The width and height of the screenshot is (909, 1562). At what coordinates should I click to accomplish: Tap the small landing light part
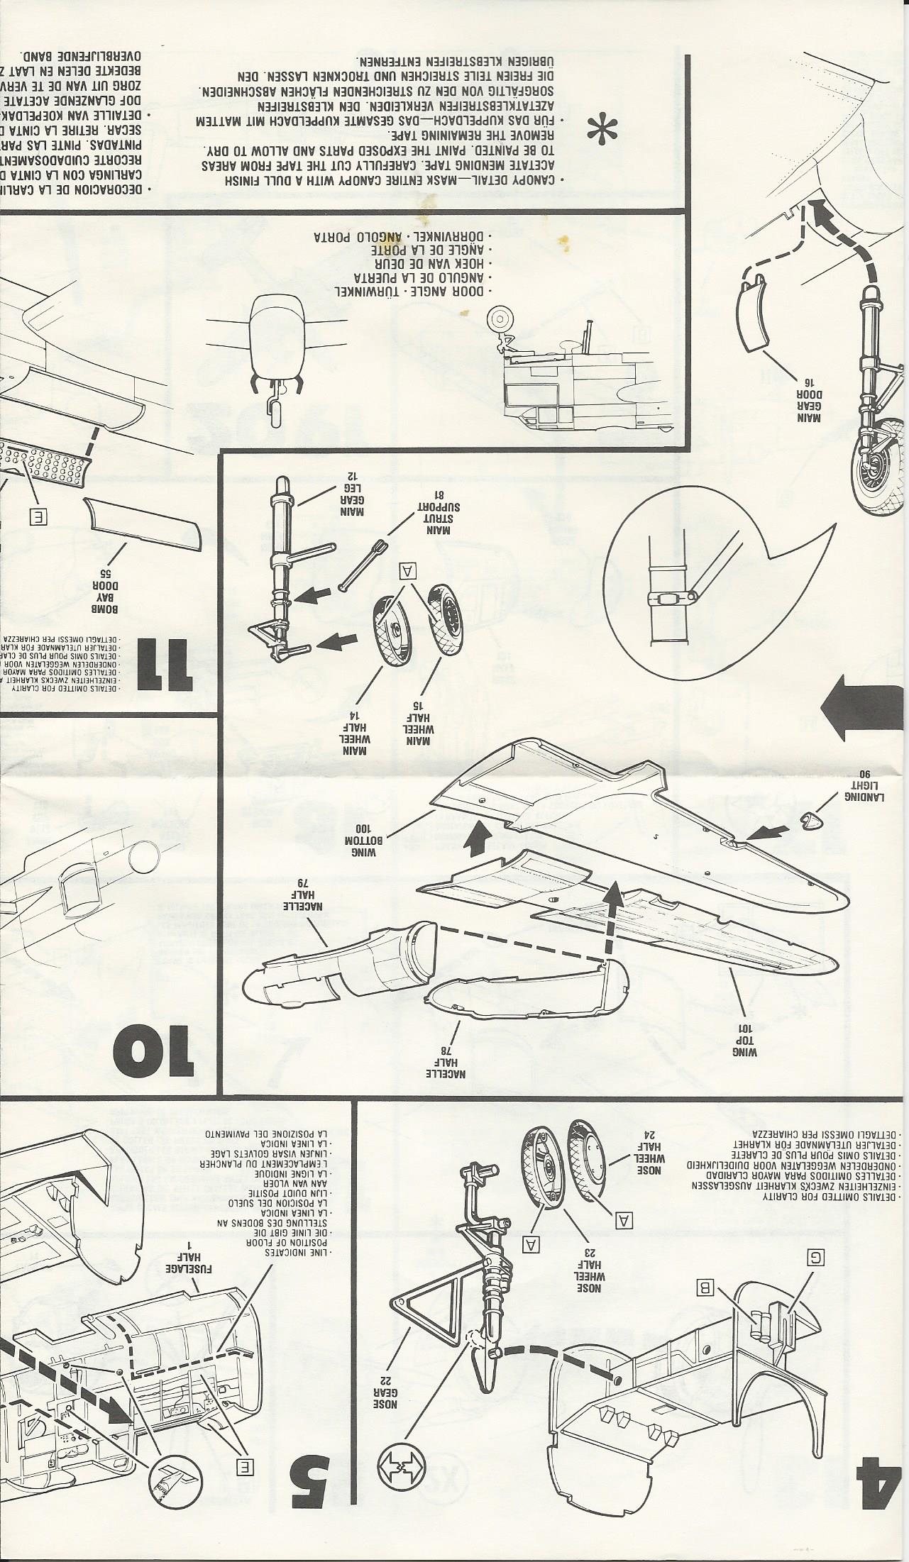tap(810, 822)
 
